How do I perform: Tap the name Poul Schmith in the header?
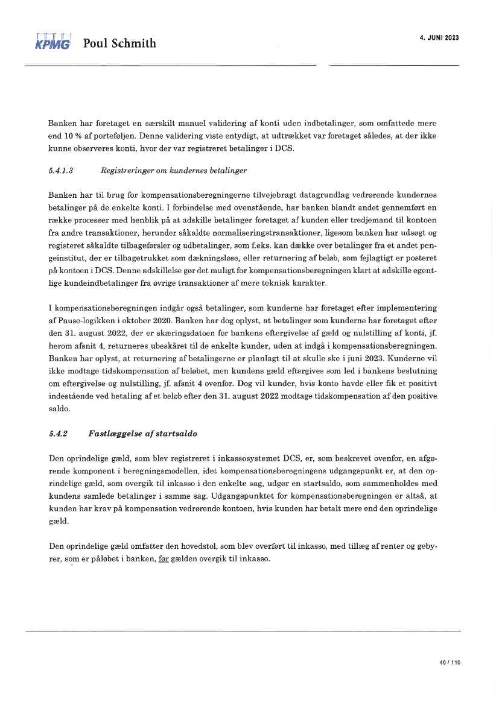119,43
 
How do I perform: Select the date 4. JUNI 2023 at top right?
439,37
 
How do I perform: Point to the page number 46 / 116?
450,662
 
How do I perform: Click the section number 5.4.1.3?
60,171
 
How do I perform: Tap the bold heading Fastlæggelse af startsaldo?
142,434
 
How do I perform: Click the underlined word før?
163,559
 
